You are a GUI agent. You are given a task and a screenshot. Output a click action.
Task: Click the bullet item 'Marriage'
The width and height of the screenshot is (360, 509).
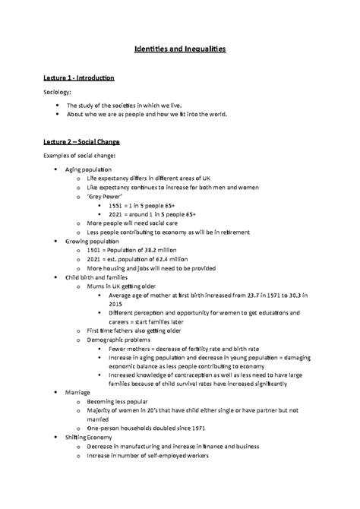coord(78,392)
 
